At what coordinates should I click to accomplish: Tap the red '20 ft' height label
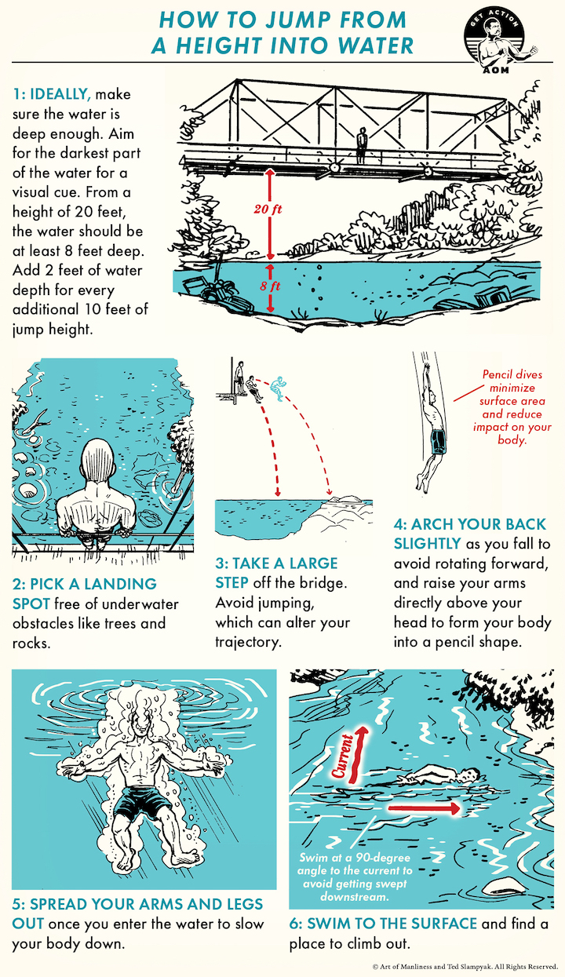coord(268,210)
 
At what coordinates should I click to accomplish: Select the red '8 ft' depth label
coord(270,286)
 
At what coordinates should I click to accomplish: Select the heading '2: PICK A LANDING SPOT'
coord(85,593)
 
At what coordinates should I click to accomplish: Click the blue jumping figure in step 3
coord(275,388)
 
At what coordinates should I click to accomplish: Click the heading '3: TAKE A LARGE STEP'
coord(277,573)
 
